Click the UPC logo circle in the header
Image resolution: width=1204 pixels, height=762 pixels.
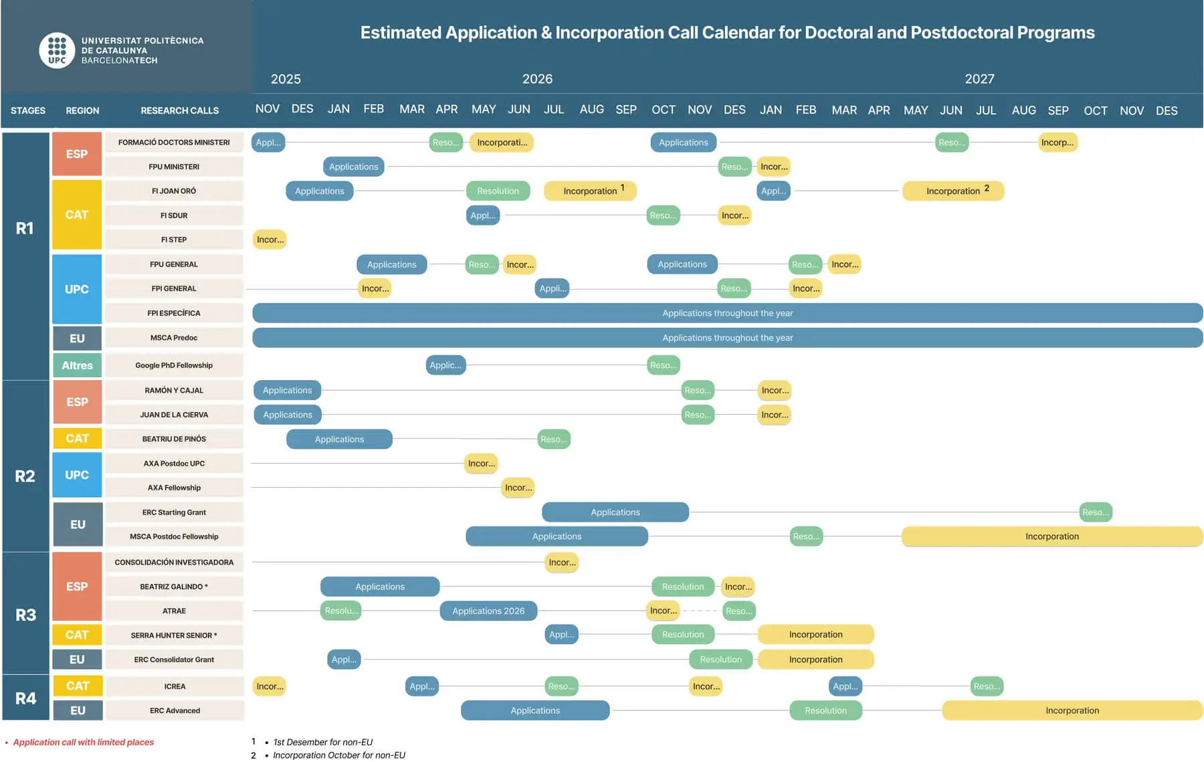pos(57,50)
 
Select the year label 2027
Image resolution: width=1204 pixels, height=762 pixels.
pos(979,79)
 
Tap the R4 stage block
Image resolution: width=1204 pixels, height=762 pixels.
pos(25,698)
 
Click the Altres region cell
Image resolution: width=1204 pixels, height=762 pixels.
pos(77,365)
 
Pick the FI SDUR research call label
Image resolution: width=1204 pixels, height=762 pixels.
pos(174,215)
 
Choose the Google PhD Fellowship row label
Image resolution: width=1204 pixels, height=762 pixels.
pos(174,365)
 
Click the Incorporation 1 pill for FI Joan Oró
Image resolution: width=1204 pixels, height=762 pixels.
pos(590,191)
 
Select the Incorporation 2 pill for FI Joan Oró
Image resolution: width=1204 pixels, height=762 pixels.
pos(953,191)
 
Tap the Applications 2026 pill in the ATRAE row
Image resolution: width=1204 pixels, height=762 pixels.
pos(488,611)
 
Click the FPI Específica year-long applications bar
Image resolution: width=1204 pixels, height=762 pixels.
pos(728,313)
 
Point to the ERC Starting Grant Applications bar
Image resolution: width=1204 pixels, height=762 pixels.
pos(615,512)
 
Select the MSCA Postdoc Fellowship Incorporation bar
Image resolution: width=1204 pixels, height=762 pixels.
pos(1052,537)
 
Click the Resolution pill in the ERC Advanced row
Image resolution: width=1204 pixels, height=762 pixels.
pos(825,710)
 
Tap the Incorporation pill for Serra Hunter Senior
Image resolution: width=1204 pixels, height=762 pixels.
pos(815,634)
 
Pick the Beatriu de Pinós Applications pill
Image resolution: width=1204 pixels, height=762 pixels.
pos(339,439)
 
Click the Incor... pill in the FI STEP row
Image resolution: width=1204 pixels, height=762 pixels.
pos(270,240)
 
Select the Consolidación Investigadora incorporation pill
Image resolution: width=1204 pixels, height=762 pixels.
pos(562,563)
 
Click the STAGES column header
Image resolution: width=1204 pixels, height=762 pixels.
pos(28,110)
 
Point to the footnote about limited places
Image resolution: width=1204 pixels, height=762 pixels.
pos(83,742)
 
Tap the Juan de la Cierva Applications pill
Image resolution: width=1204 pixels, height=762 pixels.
pos(288,415)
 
